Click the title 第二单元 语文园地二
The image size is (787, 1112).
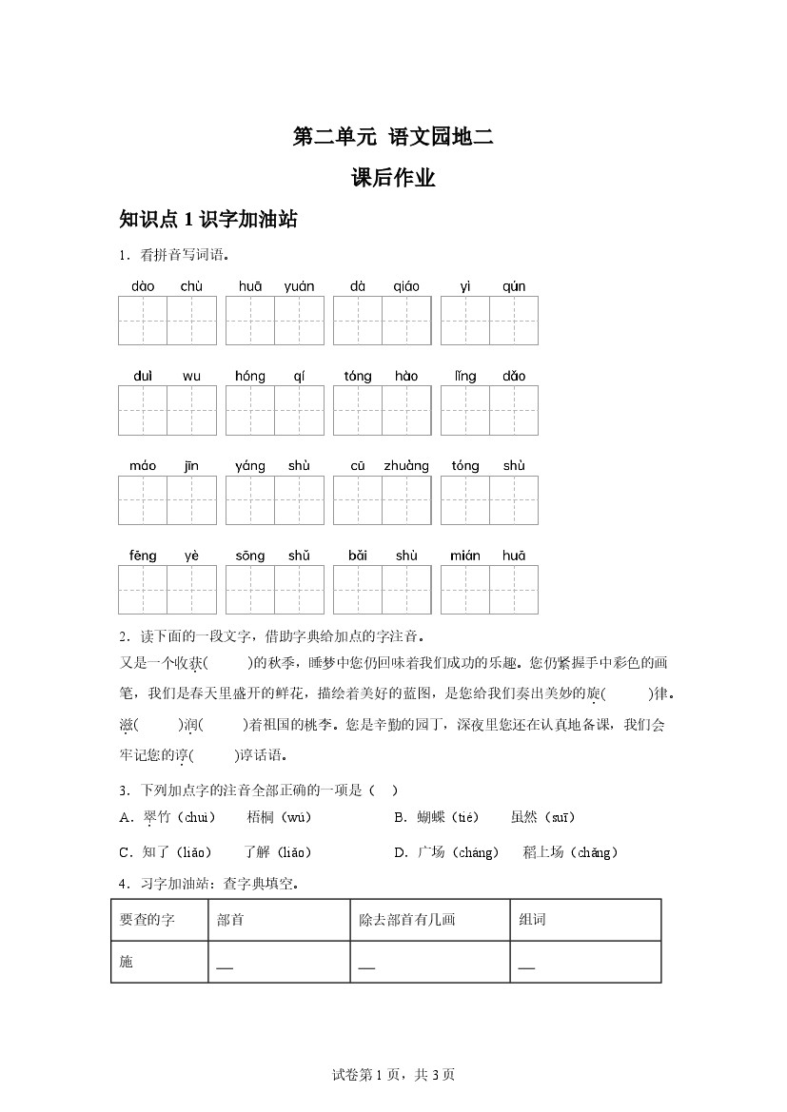click(393, 137)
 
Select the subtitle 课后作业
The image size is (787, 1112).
click(393, 178)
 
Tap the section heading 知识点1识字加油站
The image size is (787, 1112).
click(208, 220)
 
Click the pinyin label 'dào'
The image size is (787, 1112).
click(143, 286)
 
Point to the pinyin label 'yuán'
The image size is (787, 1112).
click(299, 286)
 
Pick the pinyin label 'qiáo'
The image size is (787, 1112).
click(406, 286)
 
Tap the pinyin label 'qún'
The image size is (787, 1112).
click(514, 286)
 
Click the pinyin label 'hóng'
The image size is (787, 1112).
click(250, 376)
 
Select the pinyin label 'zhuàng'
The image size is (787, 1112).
click(406, 466)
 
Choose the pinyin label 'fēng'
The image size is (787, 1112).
click(143, 556)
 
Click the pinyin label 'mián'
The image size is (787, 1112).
click(465, 556)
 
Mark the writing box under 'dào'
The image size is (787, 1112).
click(143, 321)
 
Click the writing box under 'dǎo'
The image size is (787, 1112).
click(514, 410)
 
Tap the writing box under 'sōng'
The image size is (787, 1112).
click(250, 590)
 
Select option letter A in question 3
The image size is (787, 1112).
click(125, 817)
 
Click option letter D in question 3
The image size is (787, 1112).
click(400, 852)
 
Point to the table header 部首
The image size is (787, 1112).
click(229, 920)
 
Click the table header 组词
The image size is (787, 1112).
click(532, 920)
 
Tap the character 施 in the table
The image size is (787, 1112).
click(127, 962)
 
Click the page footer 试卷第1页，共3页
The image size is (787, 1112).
click(393, 1075)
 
